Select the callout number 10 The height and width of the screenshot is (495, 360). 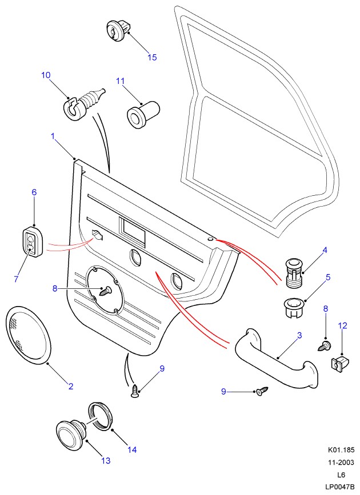[46, 75]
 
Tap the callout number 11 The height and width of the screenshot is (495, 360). [120, 81]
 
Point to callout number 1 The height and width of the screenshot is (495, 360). [53, 136]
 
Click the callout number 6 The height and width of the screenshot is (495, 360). [34, 192]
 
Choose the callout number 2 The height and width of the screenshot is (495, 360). [71, 387]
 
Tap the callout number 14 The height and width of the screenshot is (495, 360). [132, 449]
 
